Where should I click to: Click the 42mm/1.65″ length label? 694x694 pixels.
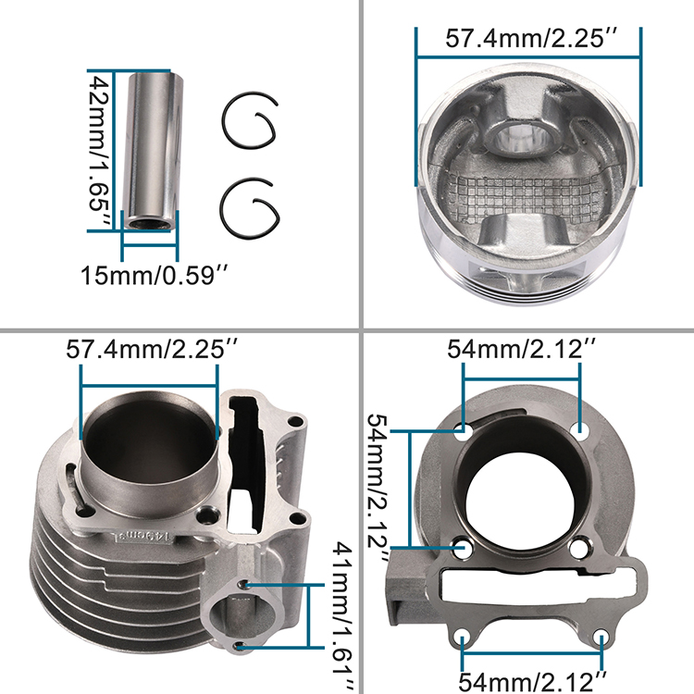pos(99,151)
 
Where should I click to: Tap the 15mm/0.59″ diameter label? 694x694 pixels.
pos(155,276)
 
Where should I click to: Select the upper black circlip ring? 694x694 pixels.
pos(250,120)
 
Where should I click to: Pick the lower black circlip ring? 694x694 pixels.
pos(250,207)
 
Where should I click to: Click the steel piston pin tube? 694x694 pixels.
pos(153,151)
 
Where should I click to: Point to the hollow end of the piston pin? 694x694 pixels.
pos(146,223)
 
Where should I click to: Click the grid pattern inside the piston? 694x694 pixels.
pos(525,197)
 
